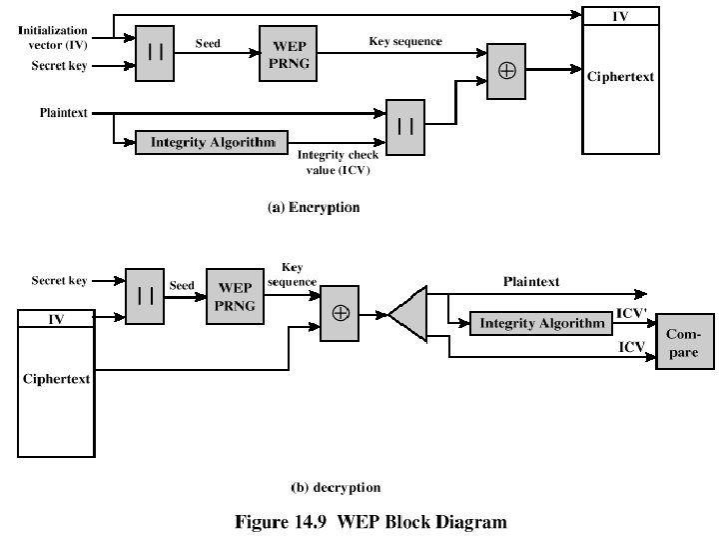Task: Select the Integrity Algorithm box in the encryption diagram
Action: (x=213, y=142)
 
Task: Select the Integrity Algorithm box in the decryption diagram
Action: (x=542, y=323)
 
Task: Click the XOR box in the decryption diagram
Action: (x=341, y=314)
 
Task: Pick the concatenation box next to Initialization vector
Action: (x=155, y=52)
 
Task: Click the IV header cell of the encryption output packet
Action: (x=620, y=16)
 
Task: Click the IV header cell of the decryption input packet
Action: (x=56, y=320)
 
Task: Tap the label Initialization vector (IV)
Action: (x=53, y=39)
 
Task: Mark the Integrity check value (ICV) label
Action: (x=335, y=162)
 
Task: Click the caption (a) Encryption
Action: (x=314, y=209)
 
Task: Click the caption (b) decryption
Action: (x=336, y=488)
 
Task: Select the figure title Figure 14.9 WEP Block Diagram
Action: (x=370, y=521)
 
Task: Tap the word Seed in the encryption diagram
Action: (x=208, y=44)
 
